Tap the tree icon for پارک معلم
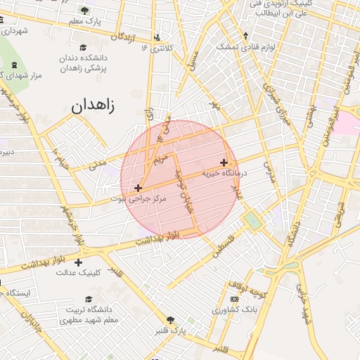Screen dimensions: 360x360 pyautogui.click(x=85, y=11)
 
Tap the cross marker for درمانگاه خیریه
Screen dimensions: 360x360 pyautogui.click(x=224, y=162)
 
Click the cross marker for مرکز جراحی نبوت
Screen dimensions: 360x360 pyautogui.click(x=138, y=188)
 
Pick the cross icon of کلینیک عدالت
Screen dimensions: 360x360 pyautogui.click(x=78, y=262)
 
